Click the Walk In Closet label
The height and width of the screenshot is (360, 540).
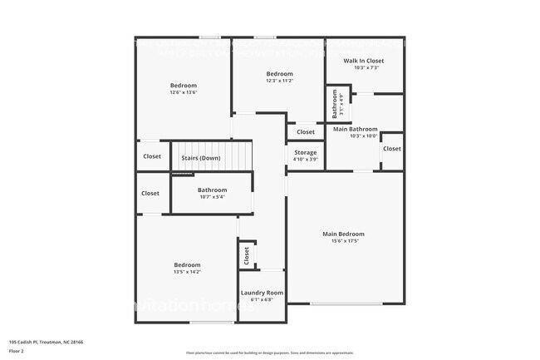tap(364, 61)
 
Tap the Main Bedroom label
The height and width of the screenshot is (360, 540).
tap(343, 234)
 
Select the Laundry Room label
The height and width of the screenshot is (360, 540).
tap(262, 293)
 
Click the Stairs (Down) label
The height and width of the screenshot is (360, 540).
tap(201, 157)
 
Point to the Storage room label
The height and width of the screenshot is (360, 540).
tap(306, 152)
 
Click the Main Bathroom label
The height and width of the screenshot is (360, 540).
tap(355, 130)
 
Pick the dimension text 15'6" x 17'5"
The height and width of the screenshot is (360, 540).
tap(343, 241)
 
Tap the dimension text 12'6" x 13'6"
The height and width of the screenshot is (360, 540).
tap(184, 92)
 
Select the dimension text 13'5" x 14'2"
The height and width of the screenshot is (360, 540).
tap(187, 271)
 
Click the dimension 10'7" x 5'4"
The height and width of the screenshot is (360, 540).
tap(212, 197)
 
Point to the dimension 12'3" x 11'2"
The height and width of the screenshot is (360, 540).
tap(279, 81)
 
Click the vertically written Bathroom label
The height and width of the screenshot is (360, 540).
tap(335, 104)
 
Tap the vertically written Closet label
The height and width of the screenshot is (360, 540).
tap(247, 257)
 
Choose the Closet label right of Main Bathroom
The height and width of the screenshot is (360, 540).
tap(391, 149)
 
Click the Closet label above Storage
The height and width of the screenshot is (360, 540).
tap(306, 131)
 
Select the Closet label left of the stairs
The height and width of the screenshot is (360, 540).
tap(152, 156)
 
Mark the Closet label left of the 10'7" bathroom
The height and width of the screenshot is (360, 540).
tap(150, 193)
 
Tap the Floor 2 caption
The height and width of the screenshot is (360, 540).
tap(17, 352)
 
